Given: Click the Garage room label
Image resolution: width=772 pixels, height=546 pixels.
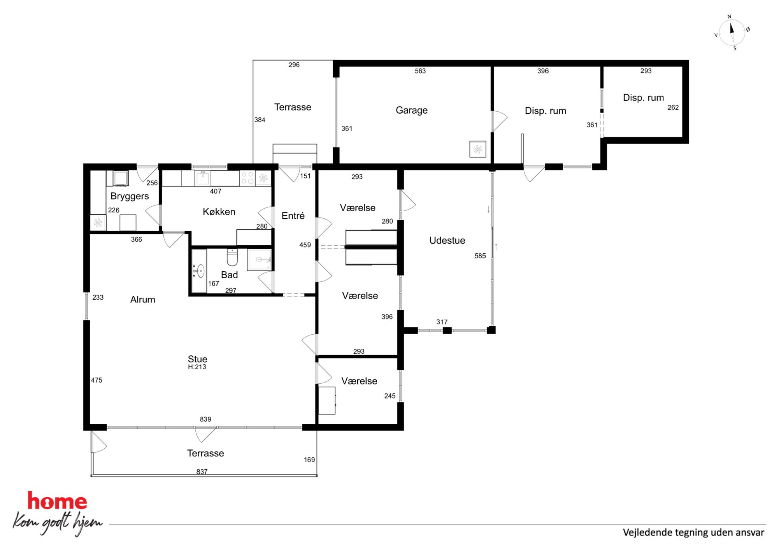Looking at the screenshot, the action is (411, 111).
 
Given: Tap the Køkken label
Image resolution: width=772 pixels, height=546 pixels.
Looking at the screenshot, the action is (219, 212).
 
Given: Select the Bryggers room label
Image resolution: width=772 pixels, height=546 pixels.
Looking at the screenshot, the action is (130, 196).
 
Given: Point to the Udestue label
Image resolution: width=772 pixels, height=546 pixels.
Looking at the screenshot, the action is (447, 241).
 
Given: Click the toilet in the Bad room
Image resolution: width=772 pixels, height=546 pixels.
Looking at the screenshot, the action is (232, 257).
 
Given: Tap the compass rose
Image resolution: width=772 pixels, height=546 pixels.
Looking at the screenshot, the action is (732, 32).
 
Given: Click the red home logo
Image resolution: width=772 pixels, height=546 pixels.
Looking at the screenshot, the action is (57, 501).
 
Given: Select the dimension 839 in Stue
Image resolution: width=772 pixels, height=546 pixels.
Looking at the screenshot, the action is (205, 419).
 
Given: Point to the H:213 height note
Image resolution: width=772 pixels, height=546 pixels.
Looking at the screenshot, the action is (197, 367).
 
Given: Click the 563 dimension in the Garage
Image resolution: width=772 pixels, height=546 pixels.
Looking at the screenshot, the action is (420, 71).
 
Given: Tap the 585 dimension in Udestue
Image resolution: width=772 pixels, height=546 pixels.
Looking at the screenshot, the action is (480, 256).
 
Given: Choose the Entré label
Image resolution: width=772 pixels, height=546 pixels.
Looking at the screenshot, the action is (293, 216).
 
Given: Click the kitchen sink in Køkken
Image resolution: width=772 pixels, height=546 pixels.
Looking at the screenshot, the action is (203, 178).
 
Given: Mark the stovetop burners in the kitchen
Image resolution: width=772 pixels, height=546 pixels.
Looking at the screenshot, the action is (247, 178).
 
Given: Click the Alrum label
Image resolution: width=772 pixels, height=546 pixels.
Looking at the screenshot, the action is (143, 300).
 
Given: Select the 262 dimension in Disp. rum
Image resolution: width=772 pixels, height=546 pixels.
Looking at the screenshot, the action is (673, 107).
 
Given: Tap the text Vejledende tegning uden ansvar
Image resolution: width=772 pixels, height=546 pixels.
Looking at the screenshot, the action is (693, 532).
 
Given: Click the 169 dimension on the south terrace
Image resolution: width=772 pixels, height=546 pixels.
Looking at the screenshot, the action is (309, 460).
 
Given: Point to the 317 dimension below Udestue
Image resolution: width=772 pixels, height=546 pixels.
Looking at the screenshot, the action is (442, 322).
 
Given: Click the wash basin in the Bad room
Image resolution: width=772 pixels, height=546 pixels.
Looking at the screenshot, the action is (199, 271).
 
